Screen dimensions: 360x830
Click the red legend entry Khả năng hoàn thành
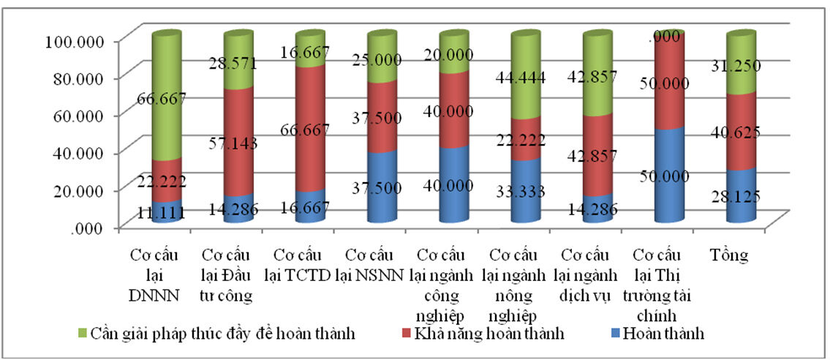(486, 334)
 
